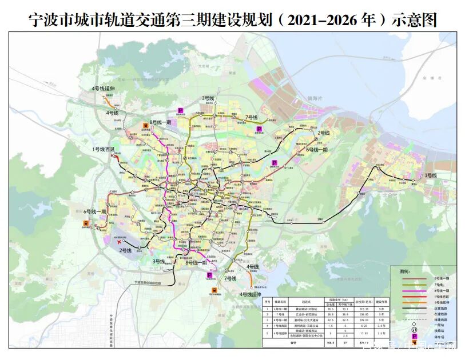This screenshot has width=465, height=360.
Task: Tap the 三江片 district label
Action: pos(155,267)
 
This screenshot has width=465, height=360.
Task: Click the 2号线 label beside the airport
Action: pos(126,251)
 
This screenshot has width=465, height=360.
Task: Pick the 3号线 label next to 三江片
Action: pos(159,261)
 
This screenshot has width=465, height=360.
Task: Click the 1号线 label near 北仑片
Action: pos(431,175)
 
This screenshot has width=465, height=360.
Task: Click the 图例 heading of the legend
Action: pos(405,271)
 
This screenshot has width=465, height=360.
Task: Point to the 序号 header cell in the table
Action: pos(267,302)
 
